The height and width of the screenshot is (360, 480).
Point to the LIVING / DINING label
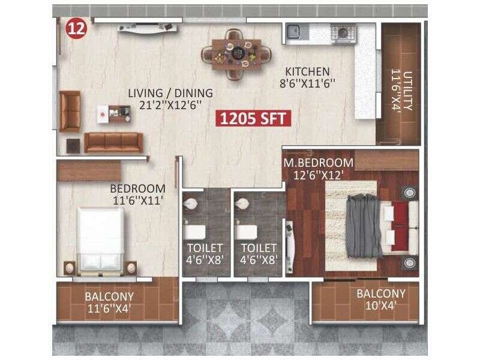click(171, 93)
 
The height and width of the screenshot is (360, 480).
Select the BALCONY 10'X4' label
click(380, 299)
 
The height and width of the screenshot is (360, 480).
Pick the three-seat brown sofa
click(113, 142)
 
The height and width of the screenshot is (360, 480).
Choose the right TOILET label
click(259, 247)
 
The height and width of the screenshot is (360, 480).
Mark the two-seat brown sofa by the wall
click(70, 111)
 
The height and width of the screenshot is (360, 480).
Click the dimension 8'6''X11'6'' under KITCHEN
click(307, 84)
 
